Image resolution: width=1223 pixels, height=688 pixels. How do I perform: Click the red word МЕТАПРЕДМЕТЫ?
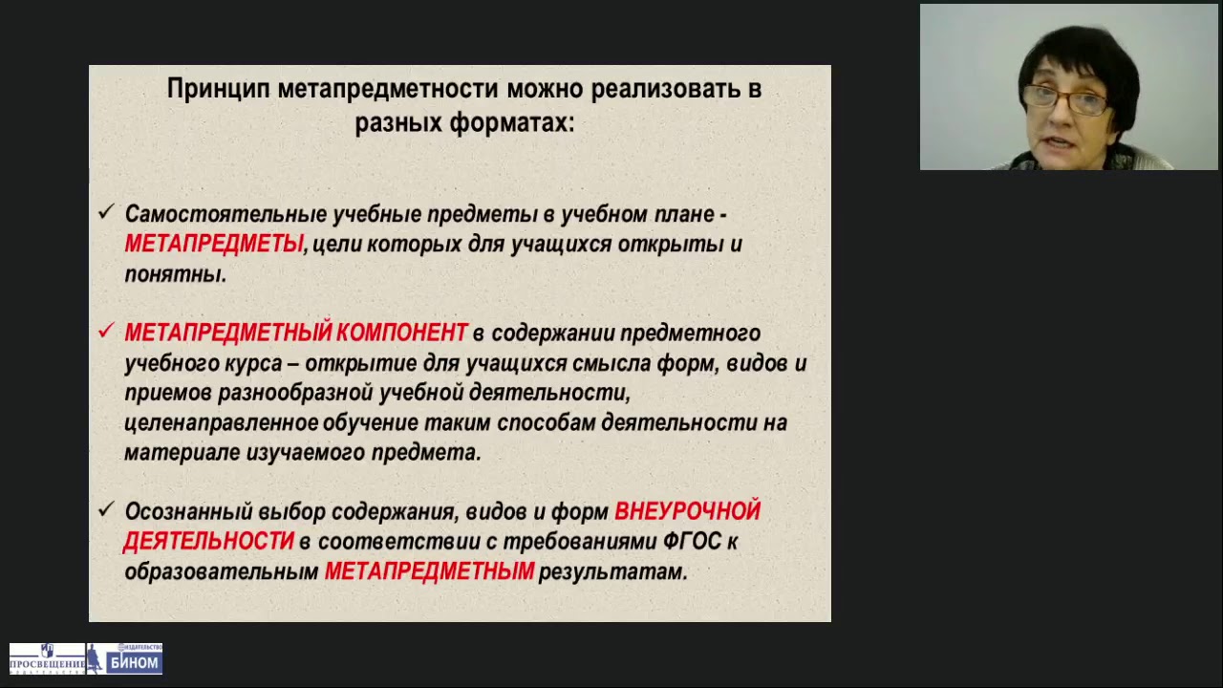(x=214, y=245)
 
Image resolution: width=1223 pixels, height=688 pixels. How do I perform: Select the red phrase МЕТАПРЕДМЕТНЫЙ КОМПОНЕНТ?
(x=296, y=333)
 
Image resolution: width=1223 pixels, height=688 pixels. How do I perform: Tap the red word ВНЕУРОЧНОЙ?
(x=687, y=512)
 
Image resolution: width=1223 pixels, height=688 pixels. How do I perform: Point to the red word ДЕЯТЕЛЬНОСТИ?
(x=208, y=542)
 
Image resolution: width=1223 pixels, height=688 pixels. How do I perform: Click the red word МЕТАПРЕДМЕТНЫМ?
(x=429, y=572)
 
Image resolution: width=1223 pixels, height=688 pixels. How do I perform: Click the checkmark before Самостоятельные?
(x=106, y=213)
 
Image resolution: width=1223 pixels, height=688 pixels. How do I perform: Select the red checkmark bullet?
(x=106, y=332)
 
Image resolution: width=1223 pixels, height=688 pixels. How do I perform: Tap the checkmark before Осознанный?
(x=106, y=510)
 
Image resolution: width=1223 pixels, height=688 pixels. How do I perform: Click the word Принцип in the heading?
(x=218, y=90)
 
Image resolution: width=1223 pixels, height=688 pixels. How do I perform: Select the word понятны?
(x=175, y=274)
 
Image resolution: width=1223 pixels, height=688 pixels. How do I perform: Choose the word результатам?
(x=612, y=572)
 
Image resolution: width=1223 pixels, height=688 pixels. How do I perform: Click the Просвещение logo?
(x=47, y=659)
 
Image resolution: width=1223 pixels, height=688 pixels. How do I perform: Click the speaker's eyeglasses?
(x=1064, y=97)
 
